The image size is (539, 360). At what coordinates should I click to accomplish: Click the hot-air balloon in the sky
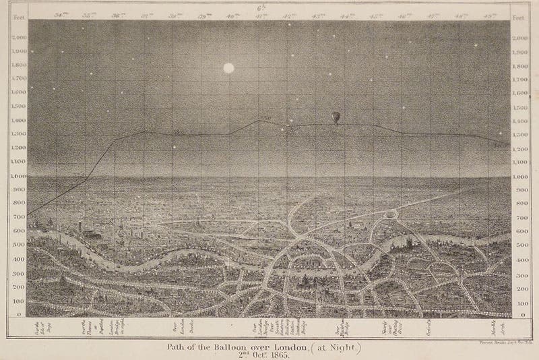click(336, 118)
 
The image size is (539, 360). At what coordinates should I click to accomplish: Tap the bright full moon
click(228, 68)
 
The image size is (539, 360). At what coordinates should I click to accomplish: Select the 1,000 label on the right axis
click(521, 177)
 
